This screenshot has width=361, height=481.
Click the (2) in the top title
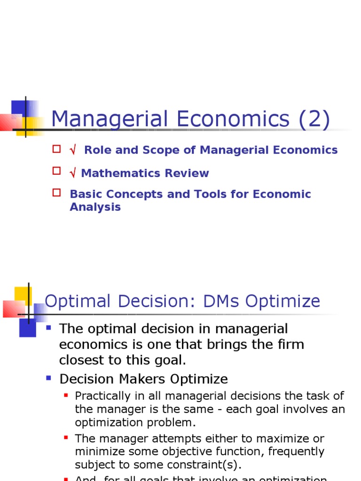click(313, 119)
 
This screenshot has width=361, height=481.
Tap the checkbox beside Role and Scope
click(56, 149)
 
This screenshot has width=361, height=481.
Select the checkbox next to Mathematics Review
click(56, 171)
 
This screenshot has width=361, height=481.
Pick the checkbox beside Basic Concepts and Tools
click(56, 192)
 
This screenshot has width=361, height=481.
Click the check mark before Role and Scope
click(73, 150)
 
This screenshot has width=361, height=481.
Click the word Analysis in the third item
click(95, 207)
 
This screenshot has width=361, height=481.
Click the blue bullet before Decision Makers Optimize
click(49, 377)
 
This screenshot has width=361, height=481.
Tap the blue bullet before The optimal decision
click(49, 327)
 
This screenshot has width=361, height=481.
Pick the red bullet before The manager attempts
click(66, 437)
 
